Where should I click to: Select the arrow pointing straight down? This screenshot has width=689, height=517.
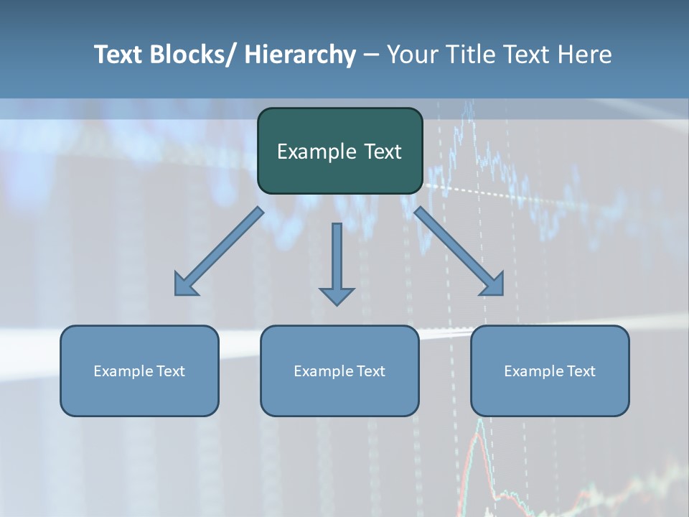(337, 258)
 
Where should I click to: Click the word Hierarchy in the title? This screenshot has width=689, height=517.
(301, 55)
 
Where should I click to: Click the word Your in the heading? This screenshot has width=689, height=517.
(411, 55)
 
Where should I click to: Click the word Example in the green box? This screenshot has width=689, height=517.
(310, 152)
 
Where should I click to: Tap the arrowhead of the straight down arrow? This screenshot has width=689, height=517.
(337, 295)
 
